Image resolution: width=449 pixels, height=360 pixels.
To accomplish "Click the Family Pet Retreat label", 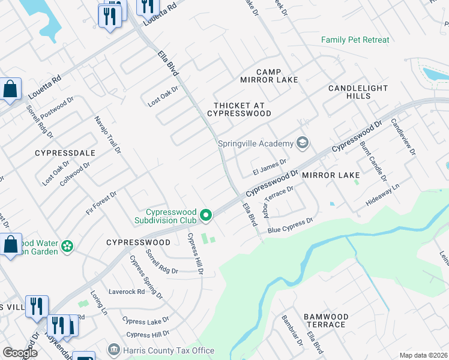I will click(355, 40).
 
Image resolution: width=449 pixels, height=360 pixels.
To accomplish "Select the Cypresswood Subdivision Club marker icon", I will click(206, 215).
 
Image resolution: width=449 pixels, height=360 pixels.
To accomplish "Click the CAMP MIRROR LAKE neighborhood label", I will click(261, 76).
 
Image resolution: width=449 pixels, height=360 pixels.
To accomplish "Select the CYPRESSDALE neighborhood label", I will click(65, 153).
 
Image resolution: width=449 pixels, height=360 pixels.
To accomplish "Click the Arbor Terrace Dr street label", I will click(278, 201).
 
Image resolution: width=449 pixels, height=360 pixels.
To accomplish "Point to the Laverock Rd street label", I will click(126, 292).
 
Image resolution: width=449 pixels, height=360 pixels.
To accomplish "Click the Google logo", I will click(20, 353).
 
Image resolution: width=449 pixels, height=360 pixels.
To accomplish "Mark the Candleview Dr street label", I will click(403, 137).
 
